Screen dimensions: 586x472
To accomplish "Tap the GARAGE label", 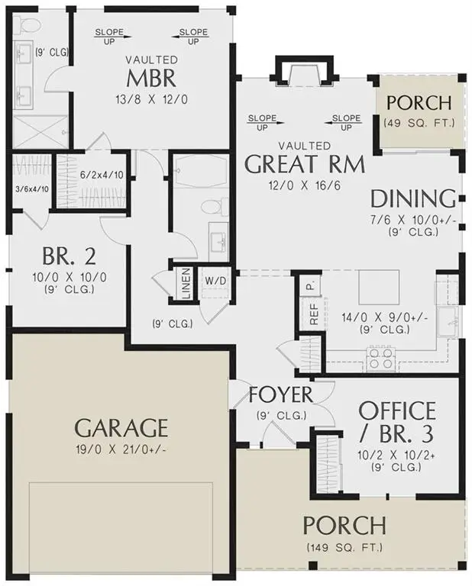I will point(121,426).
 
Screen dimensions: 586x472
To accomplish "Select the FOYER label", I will point(281,395).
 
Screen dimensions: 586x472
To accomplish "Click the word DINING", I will point(412,199).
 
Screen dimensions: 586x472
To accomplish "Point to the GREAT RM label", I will point(304,164).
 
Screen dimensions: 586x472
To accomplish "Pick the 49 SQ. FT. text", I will point(419,122).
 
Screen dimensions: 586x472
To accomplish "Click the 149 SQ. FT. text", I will point(344,547).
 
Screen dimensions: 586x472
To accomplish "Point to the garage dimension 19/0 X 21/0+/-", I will point(122,449).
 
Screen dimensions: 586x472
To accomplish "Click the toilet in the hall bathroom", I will point(215,206).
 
